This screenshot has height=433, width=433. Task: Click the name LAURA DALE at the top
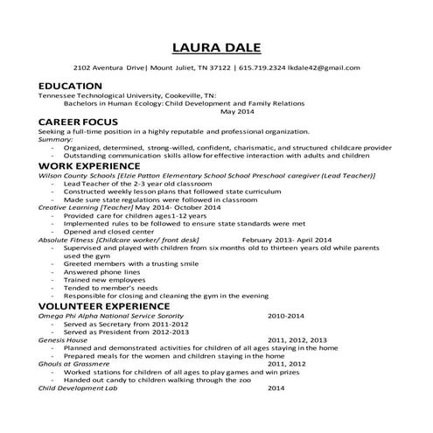[x=215, y=46]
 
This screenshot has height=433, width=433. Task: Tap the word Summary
[x=55, y=139]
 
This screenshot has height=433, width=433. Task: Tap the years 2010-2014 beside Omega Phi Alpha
[x=287, y=316]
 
